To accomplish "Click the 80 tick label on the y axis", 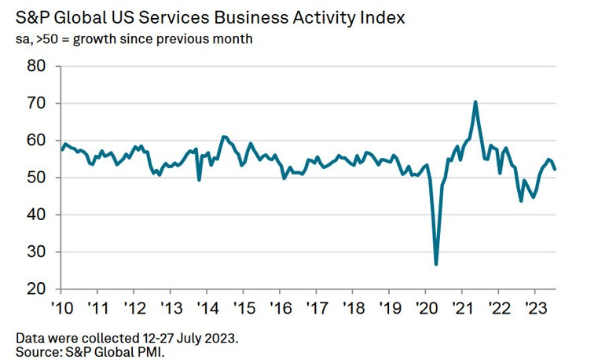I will pos(36,66).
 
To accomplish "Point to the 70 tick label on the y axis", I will pos(36,103).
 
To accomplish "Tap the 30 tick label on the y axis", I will pos(36,252).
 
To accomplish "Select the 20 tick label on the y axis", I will pos(36,289).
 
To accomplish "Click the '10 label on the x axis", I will pos(62,307).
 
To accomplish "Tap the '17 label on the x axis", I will pos(316,307).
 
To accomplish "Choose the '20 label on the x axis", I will pos(425,307).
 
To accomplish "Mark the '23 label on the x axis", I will pos(534,307).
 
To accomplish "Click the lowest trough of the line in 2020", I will pos(436,264).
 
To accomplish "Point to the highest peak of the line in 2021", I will pos(475,101).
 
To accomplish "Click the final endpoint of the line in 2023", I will pos(556,169).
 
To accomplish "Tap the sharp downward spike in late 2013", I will pos(199,180).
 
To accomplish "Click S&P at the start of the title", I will pos(31,17).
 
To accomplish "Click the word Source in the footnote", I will pos(39,351).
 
